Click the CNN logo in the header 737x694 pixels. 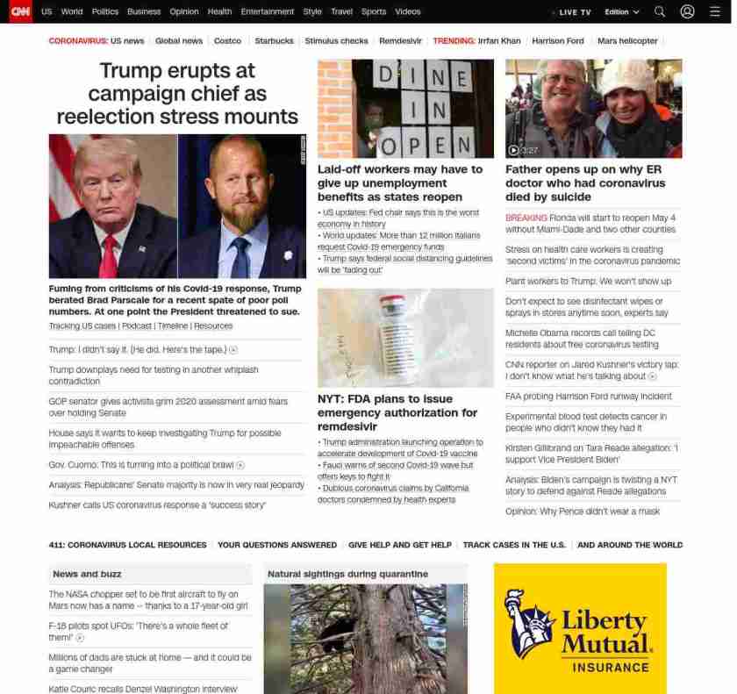coord(20,11)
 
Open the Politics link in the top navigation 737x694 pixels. coord(105,12)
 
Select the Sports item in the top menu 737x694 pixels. coord(374,12)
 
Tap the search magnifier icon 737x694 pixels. coord(660,12)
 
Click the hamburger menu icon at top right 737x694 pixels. coord(715,12)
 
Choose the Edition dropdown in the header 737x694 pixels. coord(622,12)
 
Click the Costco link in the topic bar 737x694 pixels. coord(227,41)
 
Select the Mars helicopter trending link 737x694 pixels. coord(627,41)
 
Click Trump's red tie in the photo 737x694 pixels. coord(109,255)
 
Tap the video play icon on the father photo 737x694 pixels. coord(513,150)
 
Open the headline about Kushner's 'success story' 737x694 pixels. coord(157,505)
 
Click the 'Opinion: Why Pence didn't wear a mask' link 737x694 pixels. coord(583,512)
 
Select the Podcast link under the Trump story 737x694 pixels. coord(136,326)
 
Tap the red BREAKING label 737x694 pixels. coord(526,218)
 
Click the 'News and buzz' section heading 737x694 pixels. coord(87,574)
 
